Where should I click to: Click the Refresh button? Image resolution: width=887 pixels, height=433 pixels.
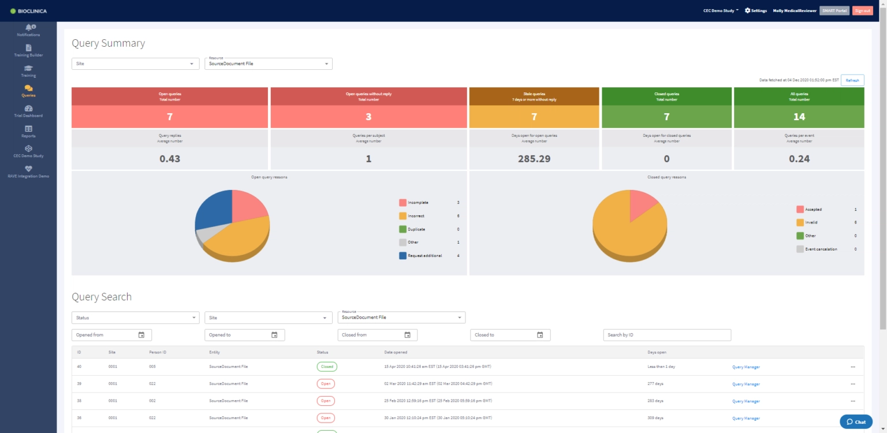(x=852, y=80)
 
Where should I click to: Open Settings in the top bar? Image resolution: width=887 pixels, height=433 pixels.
(x=755, y=10)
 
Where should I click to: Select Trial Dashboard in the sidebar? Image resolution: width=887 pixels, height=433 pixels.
(x=28, y=111)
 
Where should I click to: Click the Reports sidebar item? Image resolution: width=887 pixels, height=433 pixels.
(x=28, y=132)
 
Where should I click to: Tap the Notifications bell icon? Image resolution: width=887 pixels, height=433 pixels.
(x=29, y=27)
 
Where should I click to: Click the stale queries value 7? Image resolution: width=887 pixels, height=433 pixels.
(x=534, y=117)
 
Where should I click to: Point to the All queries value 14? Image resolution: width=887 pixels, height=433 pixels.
(x=799, y=117)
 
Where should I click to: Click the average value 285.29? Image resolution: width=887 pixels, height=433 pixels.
(x=534, y=159)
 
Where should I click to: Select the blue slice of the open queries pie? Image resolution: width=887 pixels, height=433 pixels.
(x=214, y=209)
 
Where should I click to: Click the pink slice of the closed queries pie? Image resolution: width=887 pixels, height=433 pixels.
(x=642, y=203)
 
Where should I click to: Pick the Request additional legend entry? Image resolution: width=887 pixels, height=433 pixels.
(x=424, y=255)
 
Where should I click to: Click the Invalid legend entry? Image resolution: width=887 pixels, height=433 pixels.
(x=811, y=222)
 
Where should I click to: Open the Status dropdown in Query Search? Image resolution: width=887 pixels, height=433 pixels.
(x=135, y=318)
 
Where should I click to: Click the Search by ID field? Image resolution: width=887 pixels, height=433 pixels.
(x=667, y=335)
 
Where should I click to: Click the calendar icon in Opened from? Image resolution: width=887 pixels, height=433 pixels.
(x=141, y=335)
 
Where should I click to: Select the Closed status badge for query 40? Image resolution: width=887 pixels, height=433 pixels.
(x=327, y=367)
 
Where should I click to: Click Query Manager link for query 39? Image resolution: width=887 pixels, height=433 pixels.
(x=746, y=384)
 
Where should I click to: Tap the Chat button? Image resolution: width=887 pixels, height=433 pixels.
(x=856, y=421)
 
